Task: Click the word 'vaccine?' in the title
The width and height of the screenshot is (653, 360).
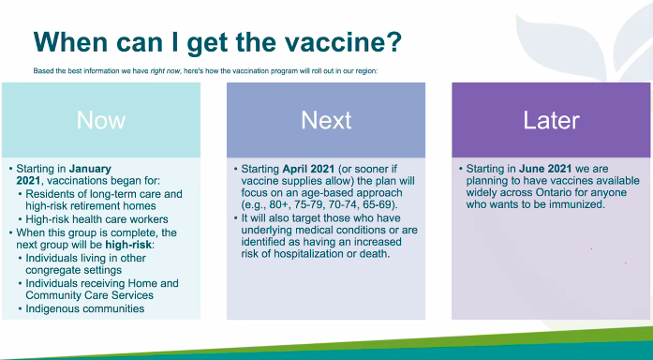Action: [x=342, y=41]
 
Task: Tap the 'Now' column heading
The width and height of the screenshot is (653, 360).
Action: [x=100, y=120]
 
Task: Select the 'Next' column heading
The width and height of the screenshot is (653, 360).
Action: [x=326, y=120]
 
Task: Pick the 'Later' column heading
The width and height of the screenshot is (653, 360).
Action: [x=551, y=120]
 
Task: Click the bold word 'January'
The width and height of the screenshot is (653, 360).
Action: [x=96, y=169]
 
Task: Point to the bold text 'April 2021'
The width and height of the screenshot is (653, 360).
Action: [x=304, y=169]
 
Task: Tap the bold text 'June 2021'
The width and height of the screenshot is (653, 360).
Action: [x=531, y=169]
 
